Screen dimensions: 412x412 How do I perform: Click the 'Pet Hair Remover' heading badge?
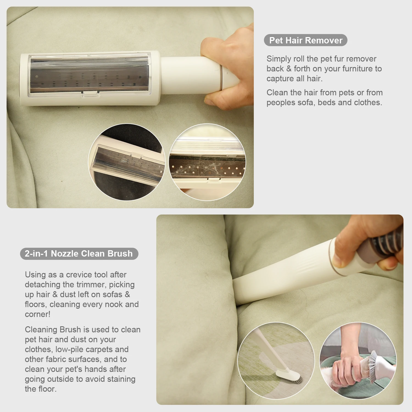(305, 40)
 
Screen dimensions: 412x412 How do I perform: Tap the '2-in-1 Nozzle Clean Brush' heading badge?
(79, 254)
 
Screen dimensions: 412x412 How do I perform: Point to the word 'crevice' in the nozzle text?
(79, 275)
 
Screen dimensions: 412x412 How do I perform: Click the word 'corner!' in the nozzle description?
(38, 314)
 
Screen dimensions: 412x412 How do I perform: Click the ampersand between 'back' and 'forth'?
(289, 69)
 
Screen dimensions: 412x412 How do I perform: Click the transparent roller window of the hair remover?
(89, 74)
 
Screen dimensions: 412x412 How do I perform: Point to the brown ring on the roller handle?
(221, 77)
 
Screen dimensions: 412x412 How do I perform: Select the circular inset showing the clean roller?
(126, 162)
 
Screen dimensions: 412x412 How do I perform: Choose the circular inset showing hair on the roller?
(207, 162)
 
